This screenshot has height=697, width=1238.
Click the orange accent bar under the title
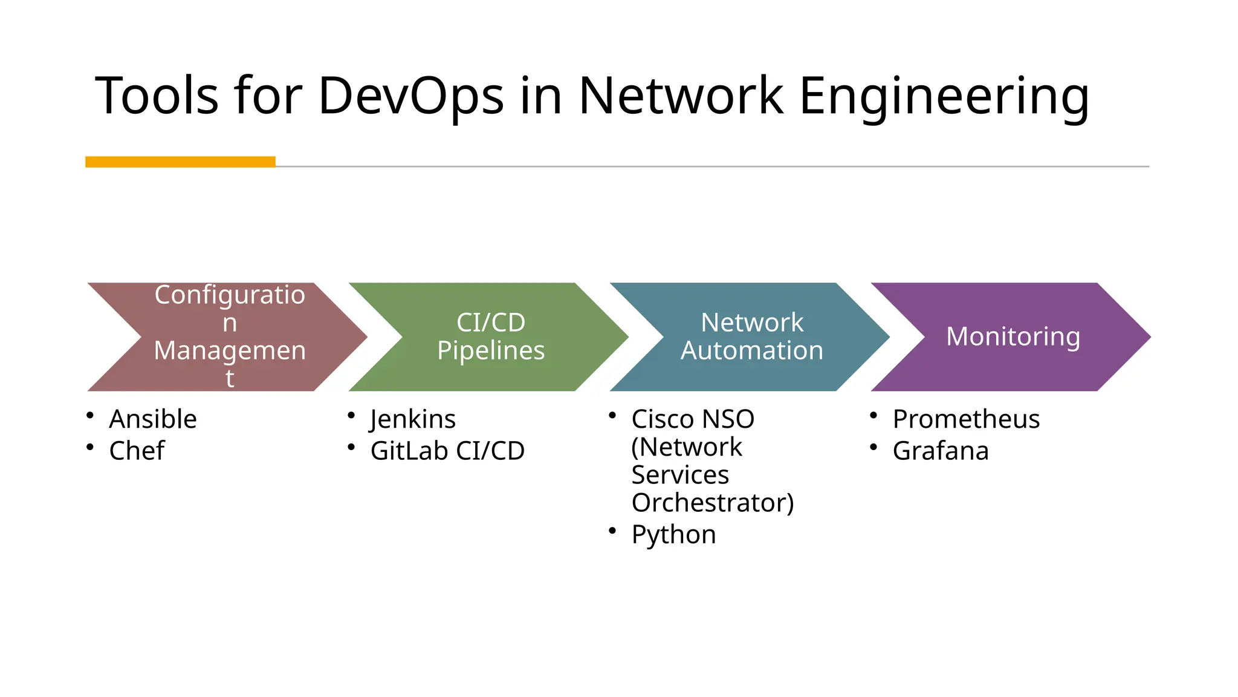coord(180,162)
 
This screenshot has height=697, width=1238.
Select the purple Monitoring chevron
coord(1013,336)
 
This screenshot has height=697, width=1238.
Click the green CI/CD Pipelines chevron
coord(490,336)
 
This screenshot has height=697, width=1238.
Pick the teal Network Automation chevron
coord(751,336)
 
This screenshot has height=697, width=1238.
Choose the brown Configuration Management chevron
coord(230,336)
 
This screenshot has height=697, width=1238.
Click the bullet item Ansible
coord(153,419)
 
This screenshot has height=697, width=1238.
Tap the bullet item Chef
coord(137,451)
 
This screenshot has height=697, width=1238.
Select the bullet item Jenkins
coord(413,419)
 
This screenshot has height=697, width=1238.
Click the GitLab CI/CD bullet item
coord(447,451)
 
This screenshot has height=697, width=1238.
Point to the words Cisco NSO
coord(693,419)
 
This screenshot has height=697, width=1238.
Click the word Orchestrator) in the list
coord(713,503)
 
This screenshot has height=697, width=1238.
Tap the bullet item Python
coord(673,535)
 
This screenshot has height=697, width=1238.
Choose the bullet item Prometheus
coord(966,419)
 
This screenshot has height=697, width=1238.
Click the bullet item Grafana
coord(941,451)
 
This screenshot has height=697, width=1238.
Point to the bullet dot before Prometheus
coord(873,415)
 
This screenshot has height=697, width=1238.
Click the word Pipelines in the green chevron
coord(491,351)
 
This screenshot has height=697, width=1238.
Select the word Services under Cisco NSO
coord(680,475)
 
